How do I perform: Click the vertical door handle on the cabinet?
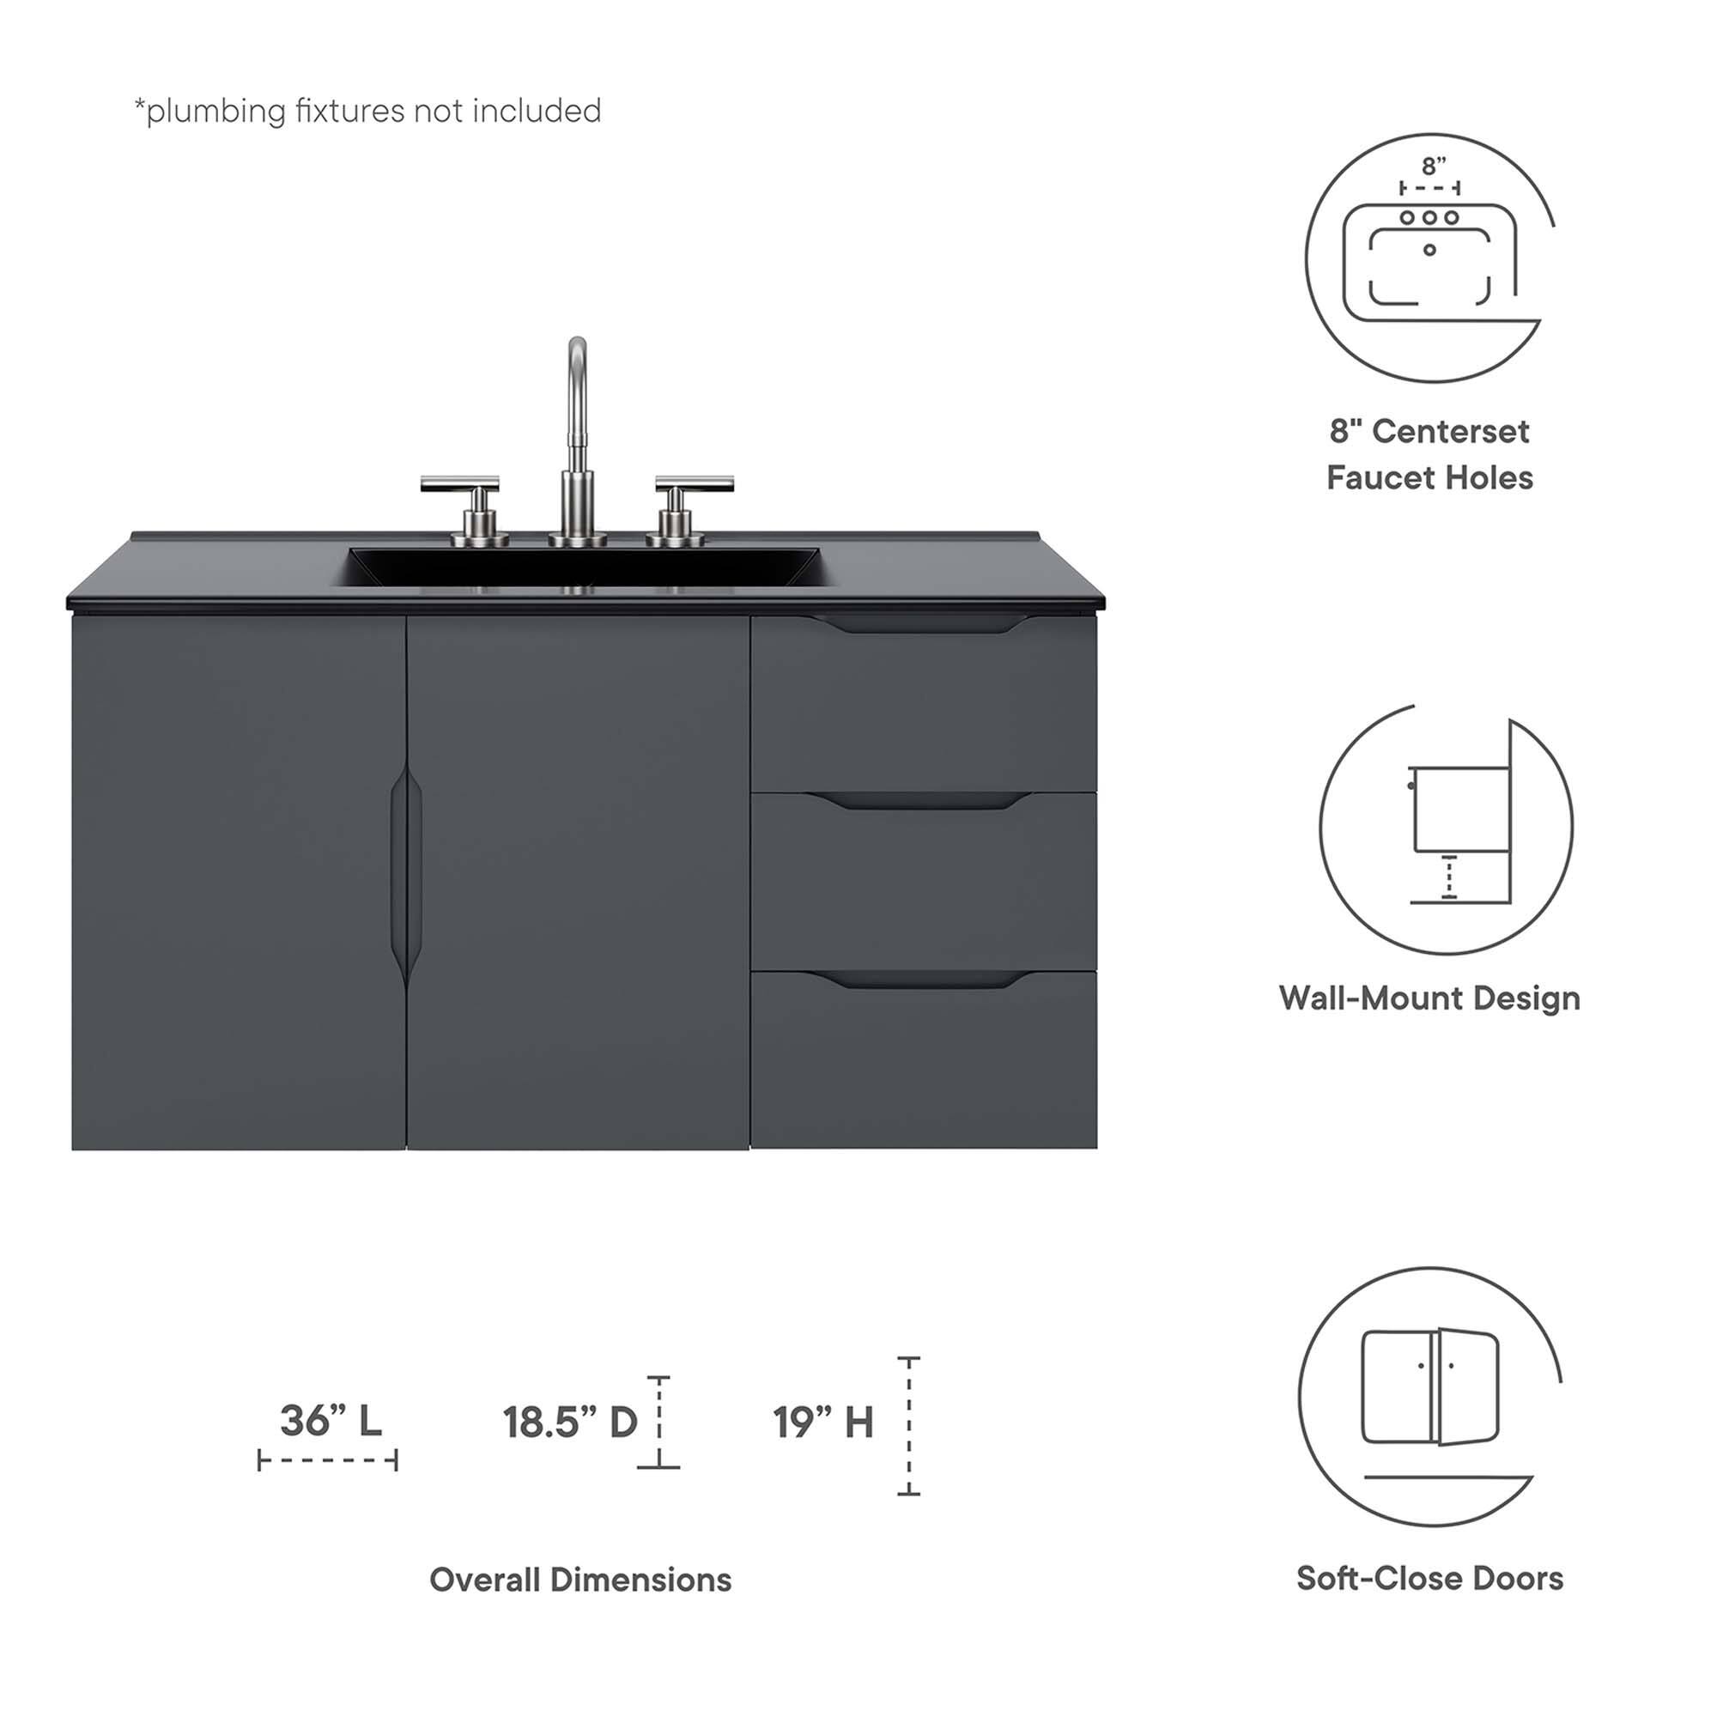click(x=406, y=876)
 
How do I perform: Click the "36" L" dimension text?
click(x=331, y=1420)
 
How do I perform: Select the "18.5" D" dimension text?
click(x=570, y=1422)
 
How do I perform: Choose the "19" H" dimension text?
click(x=822, y=1422)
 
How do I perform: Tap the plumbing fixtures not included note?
click(x=367, y=111)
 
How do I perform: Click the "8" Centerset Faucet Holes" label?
click(x=1429, y=454)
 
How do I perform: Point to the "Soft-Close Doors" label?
click(x=1429, y=1577)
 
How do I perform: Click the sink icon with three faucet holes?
click(x=1429, y=258)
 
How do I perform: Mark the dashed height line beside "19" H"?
click(x=908, y=1425)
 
